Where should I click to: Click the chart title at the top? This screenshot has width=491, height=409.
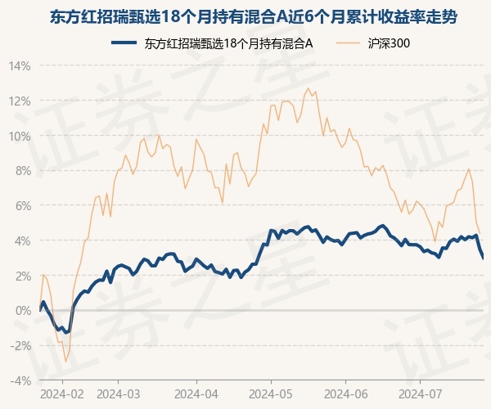click(x=254, y=17)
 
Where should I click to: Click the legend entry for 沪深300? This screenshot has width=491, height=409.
click(x=373, y=43)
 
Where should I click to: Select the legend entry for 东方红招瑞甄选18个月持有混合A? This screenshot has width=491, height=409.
click(x=212, y=43)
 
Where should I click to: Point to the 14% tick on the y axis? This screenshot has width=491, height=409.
click(x=20, y=66)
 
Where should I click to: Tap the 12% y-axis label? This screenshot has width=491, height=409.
click(x=20, y=101)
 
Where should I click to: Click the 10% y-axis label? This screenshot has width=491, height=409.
click(x=20, y=137)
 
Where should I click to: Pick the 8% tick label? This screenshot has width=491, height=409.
click(x=22, y=171)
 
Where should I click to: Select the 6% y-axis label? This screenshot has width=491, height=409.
click(x=22, y=206)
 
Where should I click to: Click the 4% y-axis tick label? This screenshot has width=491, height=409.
click(x=22, y=241)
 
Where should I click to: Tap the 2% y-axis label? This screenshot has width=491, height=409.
click(x=22, y=276)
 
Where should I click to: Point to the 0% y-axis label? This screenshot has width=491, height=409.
click(x=22, y=311)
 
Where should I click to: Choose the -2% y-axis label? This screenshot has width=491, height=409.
click(x=20, y=346)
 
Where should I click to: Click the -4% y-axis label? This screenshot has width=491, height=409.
click(x=20, y=381)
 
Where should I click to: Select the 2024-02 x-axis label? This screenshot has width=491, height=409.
click(x=62, y=394)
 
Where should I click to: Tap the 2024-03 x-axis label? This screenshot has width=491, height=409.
click(x=119, y=394)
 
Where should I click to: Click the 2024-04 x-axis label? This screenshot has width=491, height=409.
click(x=196, y=394)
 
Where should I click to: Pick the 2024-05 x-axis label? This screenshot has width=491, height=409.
click(x=271, y=394)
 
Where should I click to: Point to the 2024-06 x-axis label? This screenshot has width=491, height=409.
click(x=345, y=394)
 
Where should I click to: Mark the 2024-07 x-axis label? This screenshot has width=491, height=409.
click(x=420, y=394)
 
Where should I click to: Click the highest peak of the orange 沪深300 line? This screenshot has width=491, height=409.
click(x=309, y=88)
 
